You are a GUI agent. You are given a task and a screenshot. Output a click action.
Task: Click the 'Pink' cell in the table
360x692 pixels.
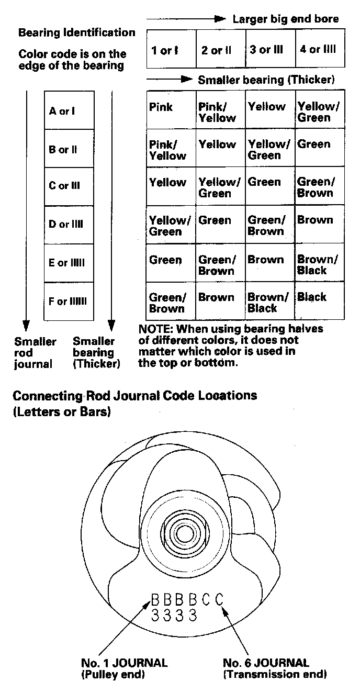161,107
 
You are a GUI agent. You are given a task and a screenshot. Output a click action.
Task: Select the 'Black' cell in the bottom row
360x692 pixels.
312,297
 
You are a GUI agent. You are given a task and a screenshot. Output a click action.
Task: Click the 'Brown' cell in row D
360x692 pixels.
315,220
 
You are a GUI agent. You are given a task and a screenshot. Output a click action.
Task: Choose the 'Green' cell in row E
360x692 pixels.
165,260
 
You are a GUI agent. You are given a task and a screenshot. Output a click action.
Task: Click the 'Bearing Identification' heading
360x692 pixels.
77,33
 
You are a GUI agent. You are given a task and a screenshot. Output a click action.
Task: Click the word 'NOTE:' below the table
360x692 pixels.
155,330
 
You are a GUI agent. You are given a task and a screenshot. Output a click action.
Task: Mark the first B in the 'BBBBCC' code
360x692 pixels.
155,599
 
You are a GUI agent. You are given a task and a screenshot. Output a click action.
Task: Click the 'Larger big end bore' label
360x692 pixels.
285,19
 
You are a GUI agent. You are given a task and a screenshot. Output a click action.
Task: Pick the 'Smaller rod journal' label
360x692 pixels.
35,353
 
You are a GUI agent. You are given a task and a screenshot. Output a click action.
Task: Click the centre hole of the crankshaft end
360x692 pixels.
184,534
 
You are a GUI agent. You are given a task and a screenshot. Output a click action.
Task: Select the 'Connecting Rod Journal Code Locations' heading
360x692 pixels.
134,396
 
